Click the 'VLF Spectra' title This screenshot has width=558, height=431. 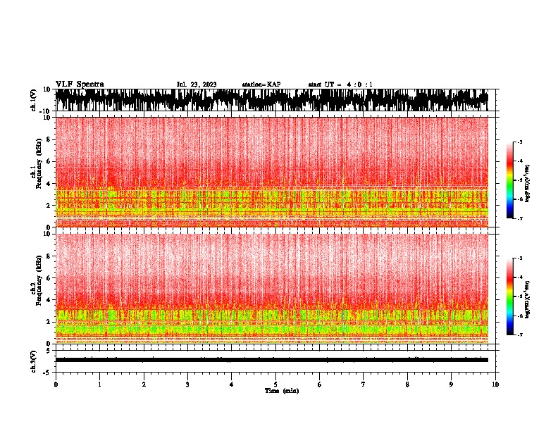click(x=80, y=85)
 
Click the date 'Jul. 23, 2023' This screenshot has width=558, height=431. click(x=197, y=85)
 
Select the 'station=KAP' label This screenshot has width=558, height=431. click(x=261, y=85)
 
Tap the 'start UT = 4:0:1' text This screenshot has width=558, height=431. click(x=340, y=85)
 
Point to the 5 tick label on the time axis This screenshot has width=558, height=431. click(x=275, y=384)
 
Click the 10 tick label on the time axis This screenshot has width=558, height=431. click(x=495, y=384)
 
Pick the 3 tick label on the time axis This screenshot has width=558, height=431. click(x=187, y=384)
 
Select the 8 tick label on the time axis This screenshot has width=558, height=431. click(x=407, y=384)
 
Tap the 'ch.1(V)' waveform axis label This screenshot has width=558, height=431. click(x=33, y=100)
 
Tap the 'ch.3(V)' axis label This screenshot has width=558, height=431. click(x=33, y=360)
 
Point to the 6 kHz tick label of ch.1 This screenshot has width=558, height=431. click(x=49, y=161)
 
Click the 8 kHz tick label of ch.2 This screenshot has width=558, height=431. click(x=49, y=256)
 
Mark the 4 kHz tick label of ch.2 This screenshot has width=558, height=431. click(x=49, y=299)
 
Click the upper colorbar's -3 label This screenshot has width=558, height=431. click(x=520, y=142)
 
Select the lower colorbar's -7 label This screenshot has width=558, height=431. click(x=520, y=335)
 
